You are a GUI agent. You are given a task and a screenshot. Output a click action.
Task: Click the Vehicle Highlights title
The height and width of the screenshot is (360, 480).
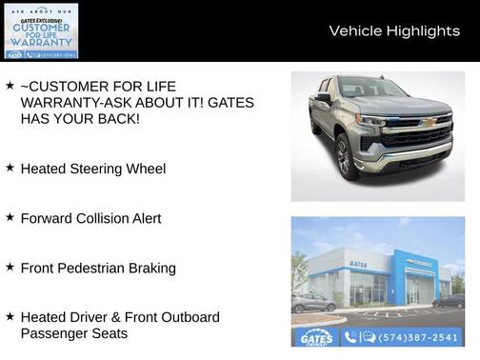pyautogui.click(x=394, y=31)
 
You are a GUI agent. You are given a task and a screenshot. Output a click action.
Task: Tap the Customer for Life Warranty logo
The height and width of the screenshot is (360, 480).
pyautogui.click(x=40, y=30)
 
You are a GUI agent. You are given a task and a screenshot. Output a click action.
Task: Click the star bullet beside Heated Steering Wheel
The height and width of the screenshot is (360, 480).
pyautogui.click(x=10, y=167)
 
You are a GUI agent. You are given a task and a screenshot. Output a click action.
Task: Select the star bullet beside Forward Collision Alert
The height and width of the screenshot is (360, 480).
pyautogui.click(x=10, y=217)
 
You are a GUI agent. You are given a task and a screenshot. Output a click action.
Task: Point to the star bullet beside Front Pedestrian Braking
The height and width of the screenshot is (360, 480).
pyautogui.click(x=10, y=267)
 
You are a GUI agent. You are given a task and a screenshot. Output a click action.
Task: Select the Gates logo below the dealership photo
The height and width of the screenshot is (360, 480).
pyautogui.click(x=315, y=337)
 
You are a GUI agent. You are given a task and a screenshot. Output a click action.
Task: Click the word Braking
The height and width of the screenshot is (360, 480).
pyautogui.click(x=151, y=268)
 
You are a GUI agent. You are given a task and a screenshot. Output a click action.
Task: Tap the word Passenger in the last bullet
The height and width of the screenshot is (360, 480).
pyautogui.click(x=53, y=334)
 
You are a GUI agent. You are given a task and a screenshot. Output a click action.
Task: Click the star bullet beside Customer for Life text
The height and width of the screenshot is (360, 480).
pyautogui.click(x=10, y=85)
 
